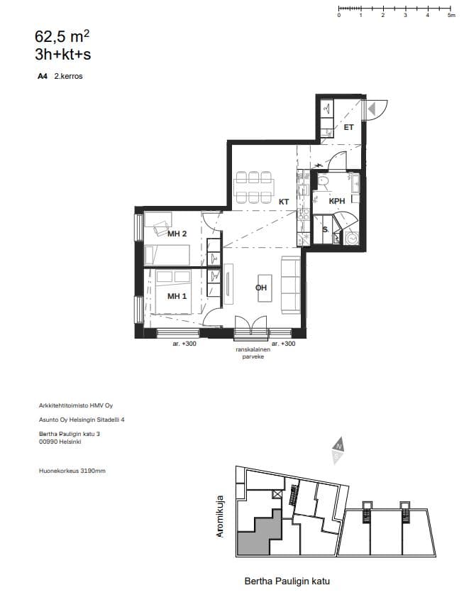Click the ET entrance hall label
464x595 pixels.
pyautogui.click(x=348, y=128)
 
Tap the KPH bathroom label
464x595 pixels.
pyautogui.click(x=337, y=201)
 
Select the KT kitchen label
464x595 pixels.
pyautogui.click(x=284, y=202)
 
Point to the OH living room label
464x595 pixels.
pyautogui.click(x=261, y=288)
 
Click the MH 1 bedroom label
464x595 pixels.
pyautogui.click(x=177, y=296)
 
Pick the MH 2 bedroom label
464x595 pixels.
pyautogui.click(x=177, y=234)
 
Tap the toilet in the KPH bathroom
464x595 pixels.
pyautogui.click(x=324, y=182)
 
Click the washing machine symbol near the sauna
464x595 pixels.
pyautogui.click(x=352, y=239)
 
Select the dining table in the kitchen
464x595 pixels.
pyautogui.click(x=253, y=187)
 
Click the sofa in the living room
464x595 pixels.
pyautogui.click(x=290, y=285)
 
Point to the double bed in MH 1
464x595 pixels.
pyautogui.click(x=172, y=292)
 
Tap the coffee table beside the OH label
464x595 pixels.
pyautogui.click(x=265, y=288)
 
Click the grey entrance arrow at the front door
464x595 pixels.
pyautogui.click(x=372, y=109)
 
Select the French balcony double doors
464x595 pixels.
pyautogui.click(x=250, y=327)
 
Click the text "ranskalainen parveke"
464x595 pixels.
pyautogui.click(x=253, y=353)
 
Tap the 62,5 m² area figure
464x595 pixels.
pyautogui.click(x=62, y=37)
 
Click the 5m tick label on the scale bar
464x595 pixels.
pyautogui.click(x=451, y=15)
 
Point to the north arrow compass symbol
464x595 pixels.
pyautogui.click(x=338, y=450)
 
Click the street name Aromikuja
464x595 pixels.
pyautogui.click(x=220, y=516)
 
